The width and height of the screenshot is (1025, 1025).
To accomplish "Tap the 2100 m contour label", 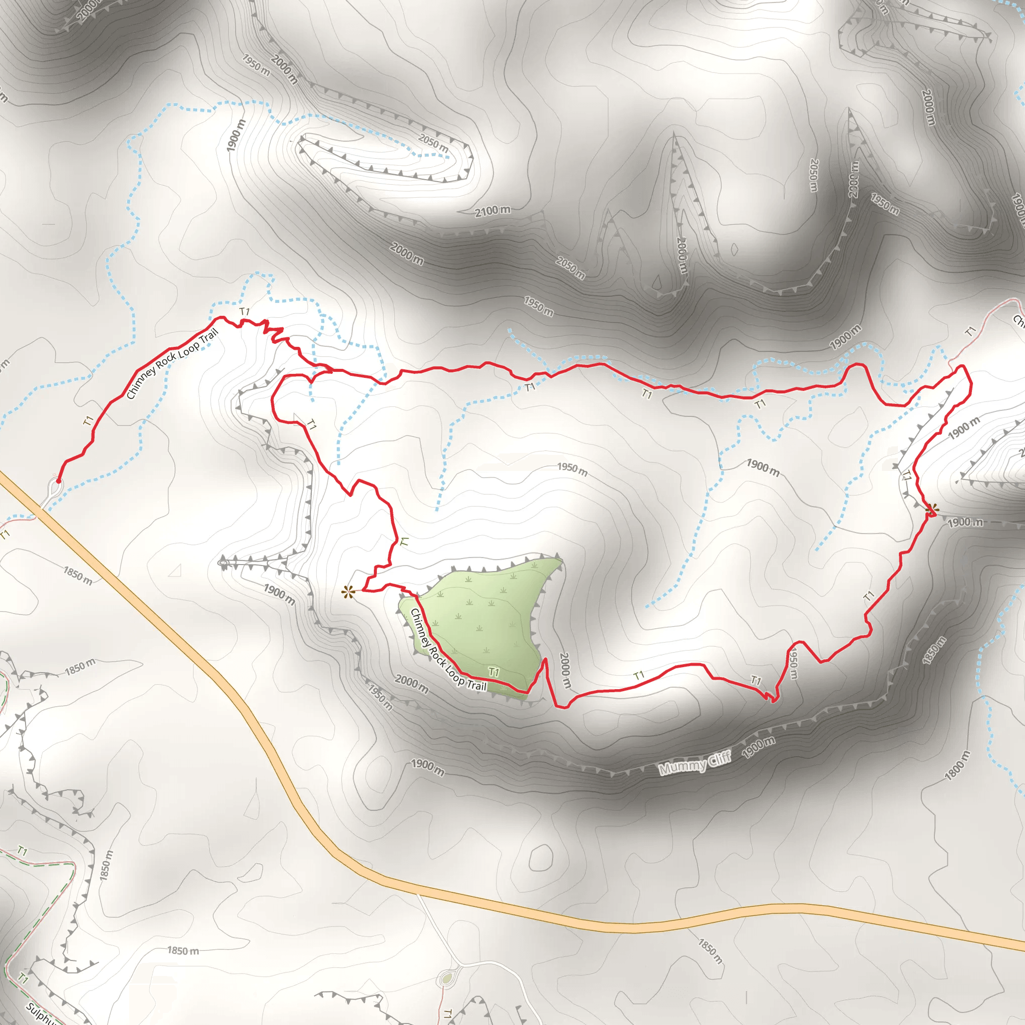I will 492,211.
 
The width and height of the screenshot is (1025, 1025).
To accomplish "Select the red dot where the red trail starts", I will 59,481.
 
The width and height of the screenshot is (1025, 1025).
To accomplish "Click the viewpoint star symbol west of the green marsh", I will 348,592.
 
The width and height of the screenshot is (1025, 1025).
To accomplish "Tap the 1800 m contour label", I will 957,766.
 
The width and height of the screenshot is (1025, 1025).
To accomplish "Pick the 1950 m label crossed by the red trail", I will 792,663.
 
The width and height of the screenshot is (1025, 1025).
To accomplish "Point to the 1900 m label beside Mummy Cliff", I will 759,748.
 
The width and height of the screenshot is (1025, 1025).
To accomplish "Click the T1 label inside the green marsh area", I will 494,673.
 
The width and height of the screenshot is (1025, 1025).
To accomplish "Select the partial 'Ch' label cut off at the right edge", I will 1018,320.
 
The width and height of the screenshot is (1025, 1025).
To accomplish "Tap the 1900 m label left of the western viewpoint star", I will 279,594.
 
